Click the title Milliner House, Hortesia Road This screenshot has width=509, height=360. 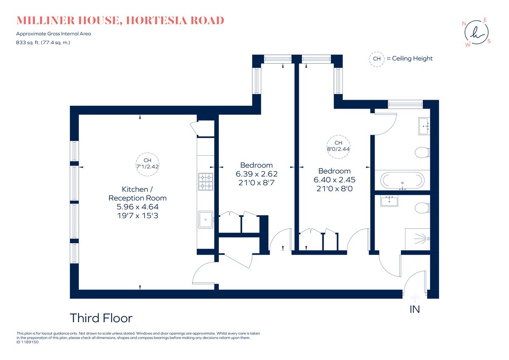120,20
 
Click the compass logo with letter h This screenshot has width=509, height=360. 476,32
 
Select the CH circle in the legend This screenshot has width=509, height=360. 376,59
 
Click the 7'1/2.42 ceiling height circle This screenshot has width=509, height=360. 147,163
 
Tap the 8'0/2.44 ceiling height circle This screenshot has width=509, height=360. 338,146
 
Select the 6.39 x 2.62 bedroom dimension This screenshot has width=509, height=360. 256,174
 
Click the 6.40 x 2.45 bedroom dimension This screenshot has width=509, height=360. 334,180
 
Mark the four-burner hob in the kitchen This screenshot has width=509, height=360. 206,180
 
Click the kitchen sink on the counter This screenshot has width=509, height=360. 206,219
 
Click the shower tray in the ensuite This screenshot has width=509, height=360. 418,241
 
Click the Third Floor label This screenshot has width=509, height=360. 101,318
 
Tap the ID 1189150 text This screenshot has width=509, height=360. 27,342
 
